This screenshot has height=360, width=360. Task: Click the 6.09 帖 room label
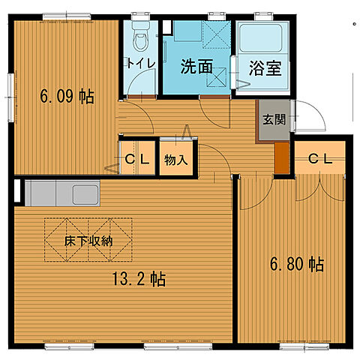pos(67,97)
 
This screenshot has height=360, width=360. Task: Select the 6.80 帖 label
pos(296,264)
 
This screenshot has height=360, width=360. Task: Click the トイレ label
pos(141,63)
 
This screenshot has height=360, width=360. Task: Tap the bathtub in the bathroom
pos(260,37)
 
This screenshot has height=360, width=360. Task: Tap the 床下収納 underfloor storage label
pos(88,241)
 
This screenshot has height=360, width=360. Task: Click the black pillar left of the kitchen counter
pos(17,191)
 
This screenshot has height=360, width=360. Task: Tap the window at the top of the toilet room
pos(140,14)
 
